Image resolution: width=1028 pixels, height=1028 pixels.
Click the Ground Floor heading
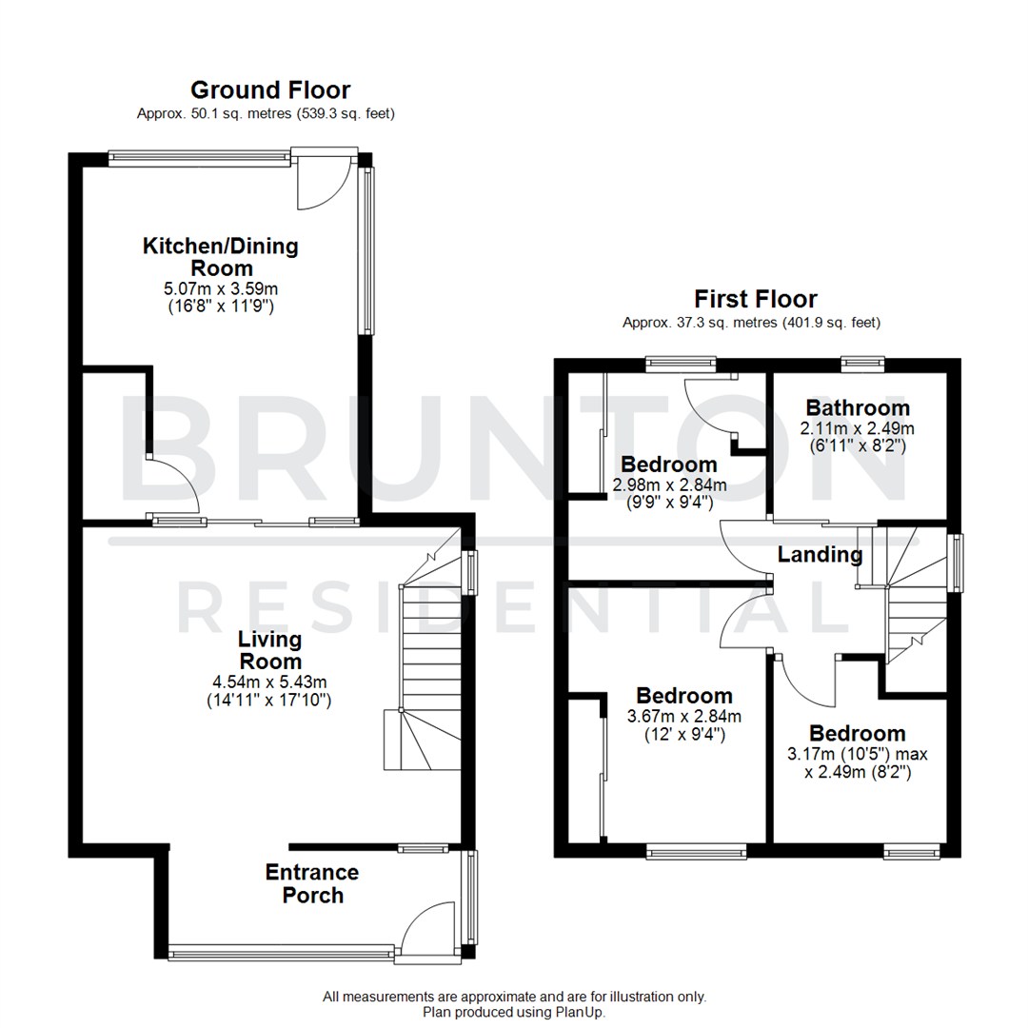[270, 90]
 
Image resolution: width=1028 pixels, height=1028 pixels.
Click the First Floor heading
[756, 300]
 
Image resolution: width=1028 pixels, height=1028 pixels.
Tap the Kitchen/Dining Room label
[220, 257]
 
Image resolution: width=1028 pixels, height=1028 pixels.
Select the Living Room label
[269, 649]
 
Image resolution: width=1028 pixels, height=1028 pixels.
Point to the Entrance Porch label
[312, 883]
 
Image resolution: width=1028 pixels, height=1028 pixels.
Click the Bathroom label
[857, 408]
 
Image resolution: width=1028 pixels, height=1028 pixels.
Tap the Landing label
[820, 554]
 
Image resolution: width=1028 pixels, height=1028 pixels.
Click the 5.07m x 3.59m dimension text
[220, 288]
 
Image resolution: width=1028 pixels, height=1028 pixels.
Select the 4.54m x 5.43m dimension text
[269, 682]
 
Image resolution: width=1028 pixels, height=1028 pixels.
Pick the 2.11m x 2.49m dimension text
[857, 427]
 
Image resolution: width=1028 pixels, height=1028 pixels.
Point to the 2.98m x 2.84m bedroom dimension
[669, 484]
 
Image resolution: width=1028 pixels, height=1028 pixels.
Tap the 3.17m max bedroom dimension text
[857, 754]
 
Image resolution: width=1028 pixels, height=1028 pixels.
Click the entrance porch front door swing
[425, 929]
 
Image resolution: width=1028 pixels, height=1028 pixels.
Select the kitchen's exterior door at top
[324, 181]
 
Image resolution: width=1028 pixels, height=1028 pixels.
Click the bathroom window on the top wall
[862, 362]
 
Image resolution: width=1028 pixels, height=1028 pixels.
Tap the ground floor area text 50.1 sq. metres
[266, 114]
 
